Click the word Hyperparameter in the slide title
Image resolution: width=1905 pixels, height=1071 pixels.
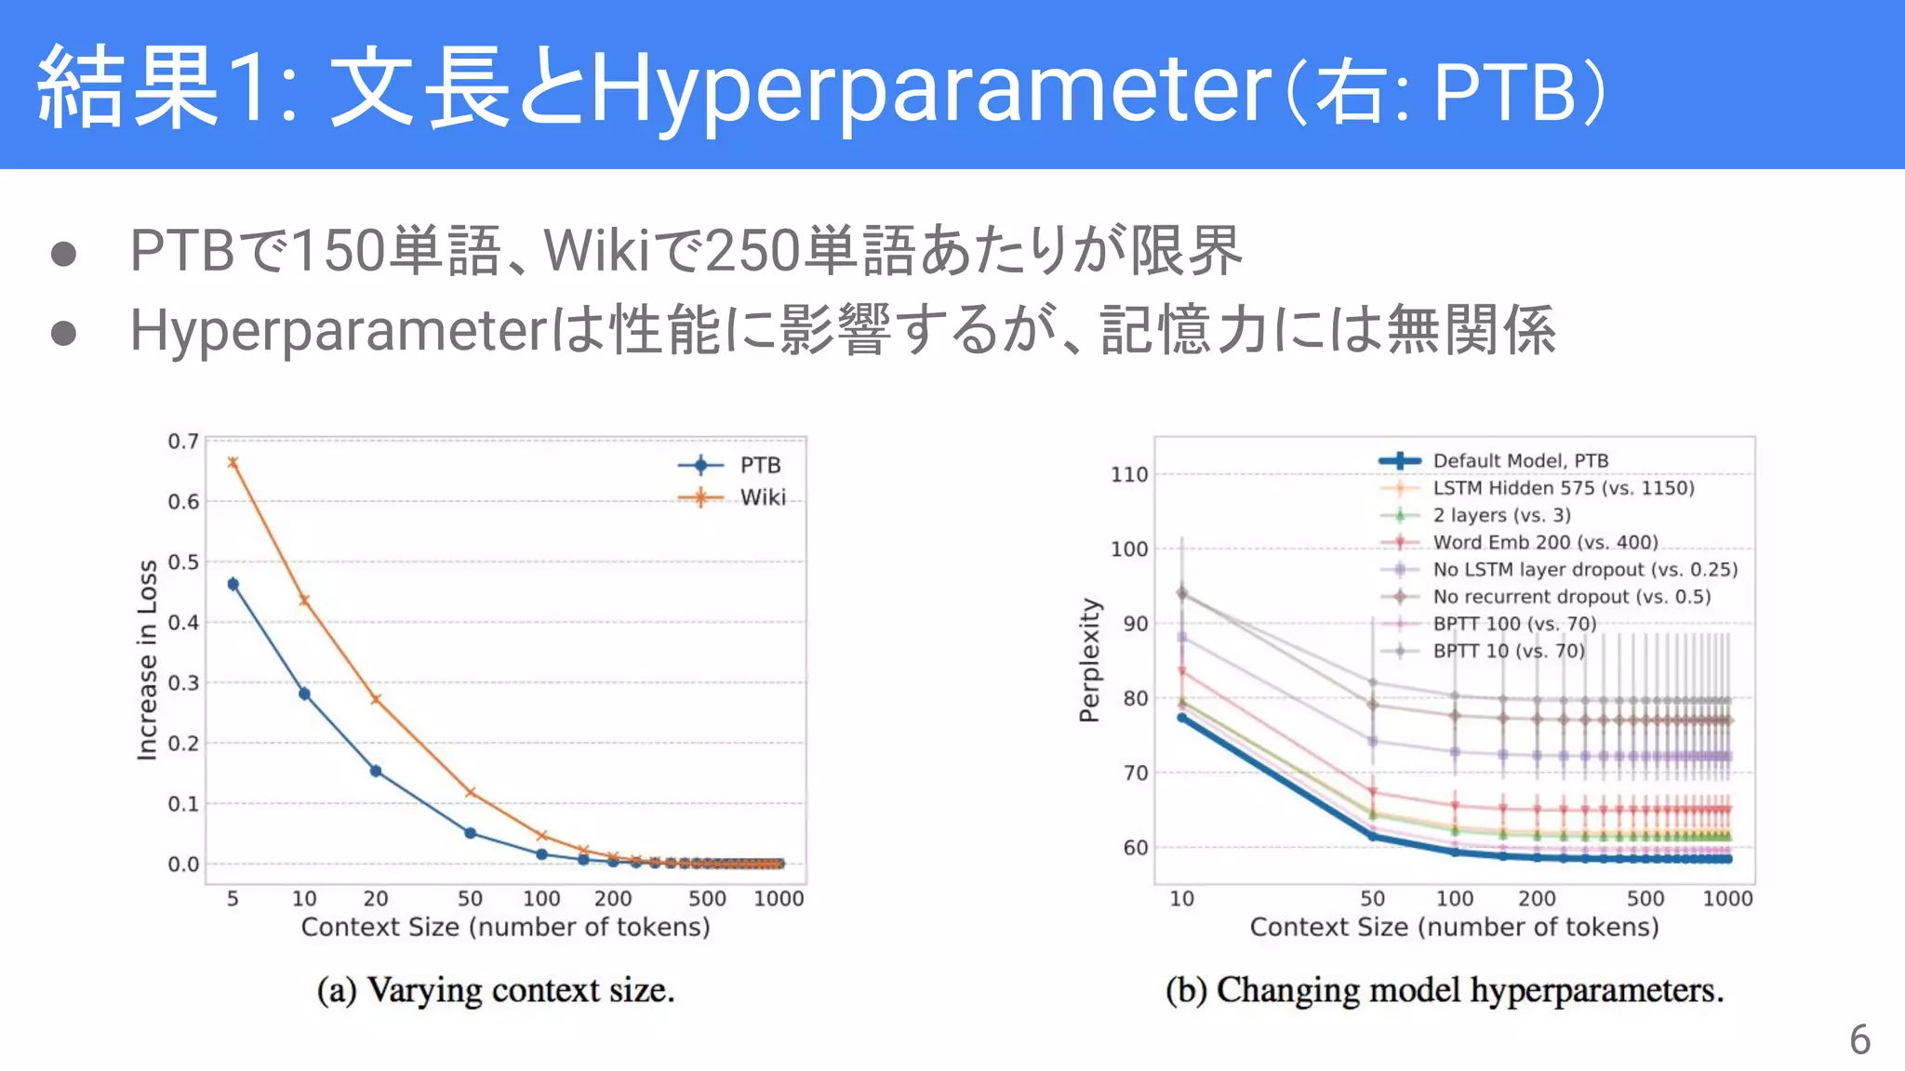pyautogui.click(x=930, y=91)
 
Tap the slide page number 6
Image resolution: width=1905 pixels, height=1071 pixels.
pyautogui.click(x=1859, y=1039)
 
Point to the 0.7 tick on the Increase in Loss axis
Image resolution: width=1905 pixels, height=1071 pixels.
pyautogui.click(x=183, y=441)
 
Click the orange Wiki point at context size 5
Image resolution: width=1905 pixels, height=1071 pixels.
pyautogui.click(x=233, y=462)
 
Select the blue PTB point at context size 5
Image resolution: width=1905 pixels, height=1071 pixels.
pyautogui.click(x=233, y=584)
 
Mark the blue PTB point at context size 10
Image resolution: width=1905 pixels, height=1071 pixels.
pyautogui.click(x=304, y=694)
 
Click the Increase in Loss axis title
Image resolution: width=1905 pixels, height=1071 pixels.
pyautogui.click(x=147, y=660)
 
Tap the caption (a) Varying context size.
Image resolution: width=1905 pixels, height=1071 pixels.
pyautogui.click(x=495, y=990)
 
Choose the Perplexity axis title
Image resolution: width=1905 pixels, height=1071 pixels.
pyautogui.click(x=1089, y=660)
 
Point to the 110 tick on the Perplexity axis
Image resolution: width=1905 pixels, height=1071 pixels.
pyautogui.click(x=1129, y=474)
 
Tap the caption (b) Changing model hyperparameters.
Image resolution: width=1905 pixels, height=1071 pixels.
pyautogui.click(x=1445, y=990)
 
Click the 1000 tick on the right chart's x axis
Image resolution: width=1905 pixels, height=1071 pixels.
pyautogui.click(x=1727, y=898)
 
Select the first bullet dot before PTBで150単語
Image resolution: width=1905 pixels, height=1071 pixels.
pyautogui.click(x=63, y=254)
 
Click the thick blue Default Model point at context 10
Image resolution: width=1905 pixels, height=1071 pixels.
pyautogui.click(x=1182, y=718)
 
